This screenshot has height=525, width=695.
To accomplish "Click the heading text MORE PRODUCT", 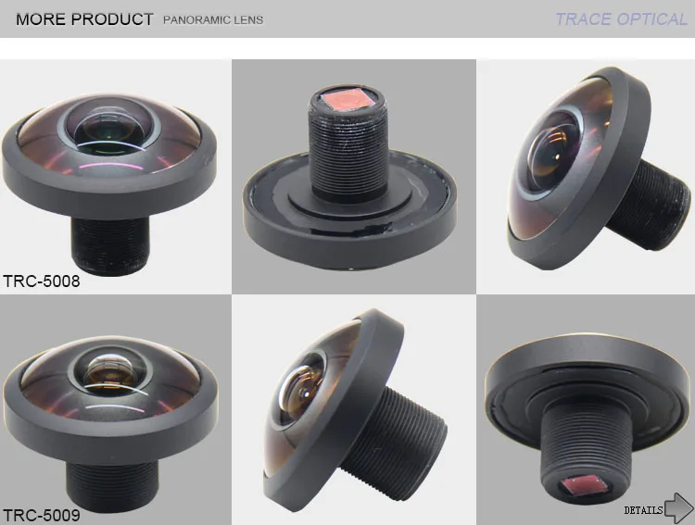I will point(84,19).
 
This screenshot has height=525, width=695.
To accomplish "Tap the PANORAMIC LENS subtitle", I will point(213,19).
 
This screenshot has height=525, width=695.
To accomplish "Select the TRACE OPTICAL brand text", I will point(621,19).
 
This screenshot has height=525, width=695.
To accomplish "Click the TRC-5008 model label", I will point(42,281).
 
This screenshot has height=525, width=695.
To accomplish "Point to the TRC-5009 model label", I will point(42,514).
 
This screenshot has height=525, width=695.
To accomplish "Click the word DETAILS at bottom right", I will point(643,509).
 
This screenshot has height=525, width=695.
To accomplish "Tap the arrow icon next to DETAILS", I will point(679,507).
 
